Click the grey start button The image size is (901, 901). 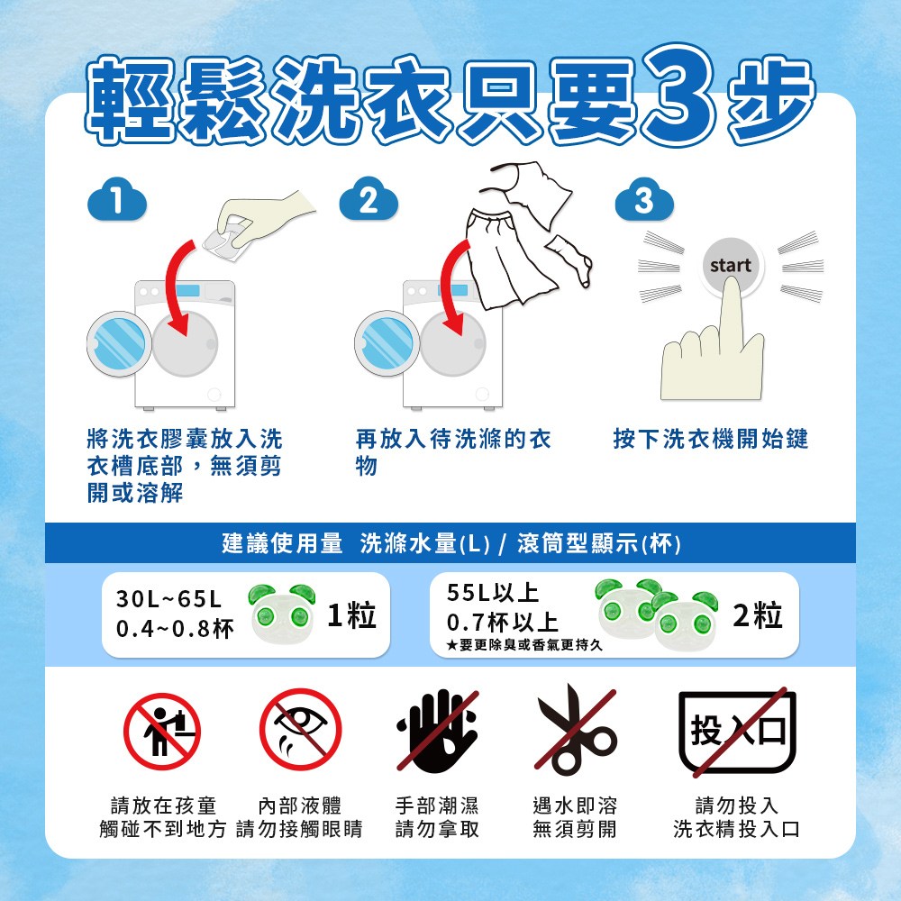coord(731,266)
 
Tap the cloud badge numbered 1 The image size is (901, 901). coord(117,199)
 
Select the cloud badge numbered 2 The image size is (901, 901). coord(369,199)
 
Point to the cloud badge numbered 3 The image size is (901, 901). coord(644,199)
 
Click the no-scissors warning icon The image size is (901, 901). coord(575,730)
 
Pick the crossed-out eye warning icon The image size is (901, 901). coord(301,729)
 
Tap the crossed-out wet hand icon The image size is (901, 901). coord(437,731)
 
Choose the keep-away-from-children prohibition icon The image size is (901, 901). coord(162,731)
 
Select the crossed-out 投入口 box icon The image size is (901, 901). coord(737,732)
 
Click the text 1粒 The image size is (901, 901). coord(351,615)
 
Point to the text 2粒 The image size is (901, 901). coord(758,615)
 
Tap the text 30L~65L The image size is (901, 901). coord(169,599)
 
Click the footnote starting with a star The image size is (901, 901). coord(524,645)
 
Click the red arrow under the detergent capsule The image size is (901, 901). coord(177,285)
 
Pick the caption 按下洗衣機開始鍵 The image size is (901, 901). coord(711,439)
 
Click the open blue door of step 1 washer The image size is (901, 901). coord(120,343)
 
